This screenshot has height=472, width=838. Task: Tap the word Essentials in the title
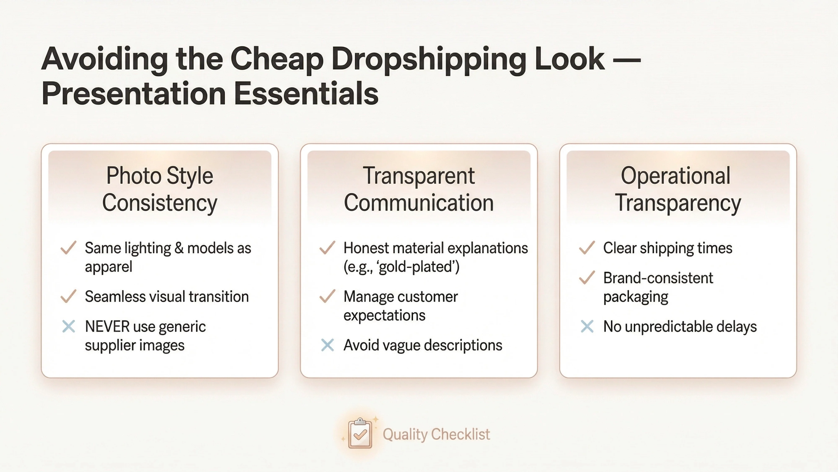tap(306, 94)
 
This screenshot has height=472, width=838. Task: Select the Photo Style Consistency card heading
tap(159, 189)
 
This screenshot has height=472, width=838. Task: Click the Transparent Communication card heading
tap(419, 189)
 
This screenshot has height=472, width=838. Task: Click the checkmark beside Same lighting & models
tap(68, 248)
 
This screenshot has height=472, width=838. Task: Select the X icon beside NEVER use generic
tap(68, 326)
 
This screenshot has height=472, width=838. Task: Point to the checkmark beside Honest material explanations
tap(327, 248)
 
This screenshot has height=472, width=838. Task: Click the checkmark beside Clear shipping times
tap(587, 248)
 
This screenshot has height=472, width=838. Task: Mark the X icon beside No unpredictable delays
tap(587, 326)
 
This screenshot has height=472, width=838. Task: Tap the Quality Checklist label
tap(436, 434)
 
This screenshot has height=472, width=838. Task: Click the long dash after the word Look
tap(628, 60)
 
